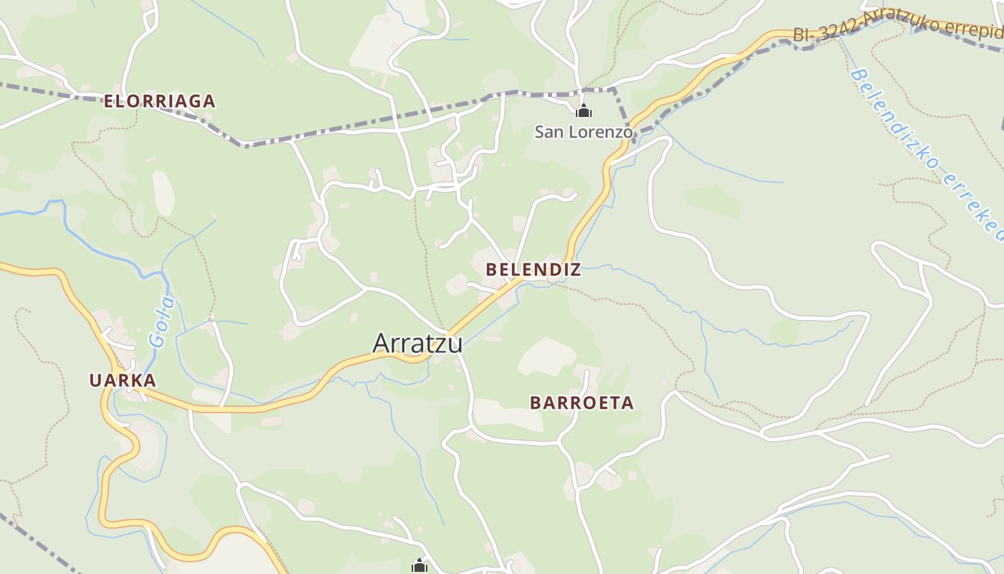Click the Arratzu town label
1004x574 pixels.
point(417,343)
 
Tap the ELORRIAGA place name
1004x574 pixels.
point(159,101)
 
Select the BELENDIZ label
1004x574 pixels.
point(533,270)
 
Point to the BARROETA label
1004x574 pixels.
point(582,403)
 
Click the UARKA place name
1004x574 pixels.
point(123,380)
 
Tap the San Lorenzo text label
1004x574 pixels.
point(584,132)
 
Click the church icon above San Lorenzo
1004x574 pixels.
point(584,111)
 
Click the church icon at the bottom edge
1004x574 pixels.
point(420,566)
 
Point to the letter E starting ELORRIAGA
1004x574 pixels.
point(109,101)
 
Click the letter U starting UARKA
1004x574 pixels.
point(95,380)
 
